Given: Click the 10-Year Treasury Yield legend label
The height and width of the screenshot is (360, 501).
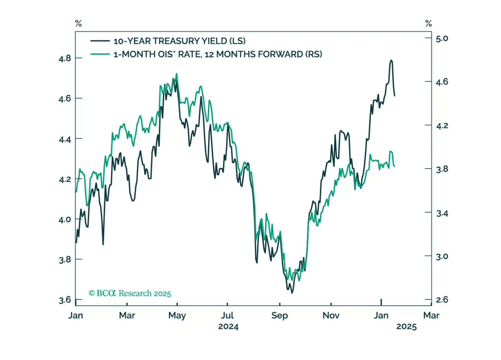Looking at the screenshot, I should (x=179, y=41).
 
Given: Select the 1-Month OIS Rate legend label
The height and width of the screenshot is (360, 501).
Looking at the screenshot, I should (x=218, y=54).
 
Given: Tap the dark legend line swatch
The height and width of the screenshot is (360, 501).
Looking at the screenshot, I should (x=100, y=41).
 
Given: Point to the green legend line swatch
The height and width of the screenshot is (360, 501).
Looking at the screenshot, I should (x=100, y=54).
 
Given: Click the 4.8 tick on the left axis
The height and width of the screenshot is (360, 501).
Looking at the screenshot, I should (x=65, y=59).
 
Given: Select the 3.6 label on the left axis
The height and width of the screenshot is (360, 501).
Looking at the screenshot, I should (x=65, y=300).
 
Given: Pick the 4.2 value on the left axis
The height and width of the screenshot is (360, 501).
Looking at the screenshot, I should (x=65, y=179).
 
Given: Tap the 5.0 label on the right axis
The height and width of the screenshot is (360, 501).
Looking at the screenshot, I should (x=442, y=38).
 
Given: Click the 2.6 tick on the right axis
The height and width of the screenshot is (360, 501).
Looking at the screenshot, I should (x=442, y=300).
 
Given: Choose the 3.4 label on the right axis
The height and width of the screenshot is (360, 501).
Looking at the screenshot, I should (x=442, y=213).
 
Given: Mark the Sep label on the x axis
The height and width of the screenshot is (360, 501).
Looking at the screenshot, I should (x=280, y=315).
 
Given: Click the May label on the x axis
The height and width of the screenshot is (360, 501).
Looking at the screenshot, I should (x=177, y=315).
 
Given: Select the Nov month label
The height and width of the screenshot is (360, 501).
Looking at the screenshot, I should (x=331, y=315).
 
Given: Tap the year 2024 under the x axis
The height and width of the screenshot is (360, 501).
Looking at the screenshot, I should (x=228, y=327).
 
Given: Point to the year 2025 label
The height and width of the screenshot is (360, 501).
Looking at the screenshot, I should (x=406, y=327).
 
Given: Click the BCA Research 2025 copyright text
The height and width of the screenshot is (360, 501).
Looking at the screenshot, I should (x=130, y=293).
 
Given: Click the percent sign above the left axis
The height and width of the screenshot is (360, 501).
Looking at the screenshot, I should (x=78, y=23).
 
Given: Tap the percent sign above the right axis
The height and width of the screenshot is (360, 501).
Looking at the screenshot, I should (x=428, y=23).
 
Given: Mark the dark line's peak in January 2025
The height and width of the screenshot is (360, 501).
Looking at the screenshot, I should (x=391, y=60).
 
